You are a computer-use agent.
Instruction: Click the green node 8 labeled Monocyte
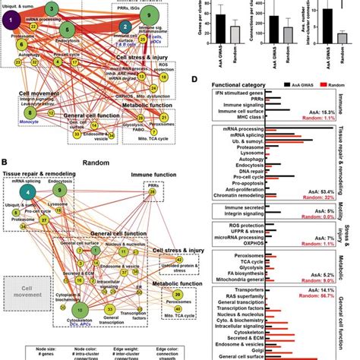tap(29, 112)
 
